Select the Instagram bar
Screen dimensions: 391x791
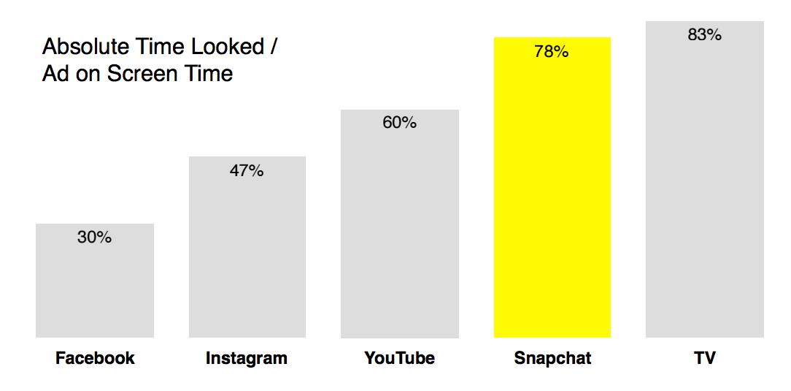tap(247, 256)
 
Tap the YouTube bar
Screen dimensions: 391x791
tap(400, 234)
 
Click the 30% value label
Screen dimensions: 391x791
tap(95, 238)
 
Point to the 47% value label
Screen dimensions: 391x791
tap(247, 171)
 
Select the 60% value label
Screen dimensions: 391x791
tap(399, 123)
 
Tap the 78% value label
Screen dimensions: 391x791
tap(552, 52)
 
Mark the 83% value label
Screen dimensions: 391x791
tap(704, 34)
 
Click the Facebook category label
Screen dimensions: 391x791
tap(95, 358)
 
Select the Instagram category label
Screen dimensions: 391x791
tap(247, 358)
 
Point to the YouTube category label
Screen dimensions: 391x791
tap(399, 358)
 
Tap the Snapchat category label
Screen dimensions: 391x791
tap(552, 358)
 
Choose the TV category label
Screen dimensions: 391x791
tap(705, 358)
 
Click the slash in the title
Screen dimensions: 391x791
tap(274, 47)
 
